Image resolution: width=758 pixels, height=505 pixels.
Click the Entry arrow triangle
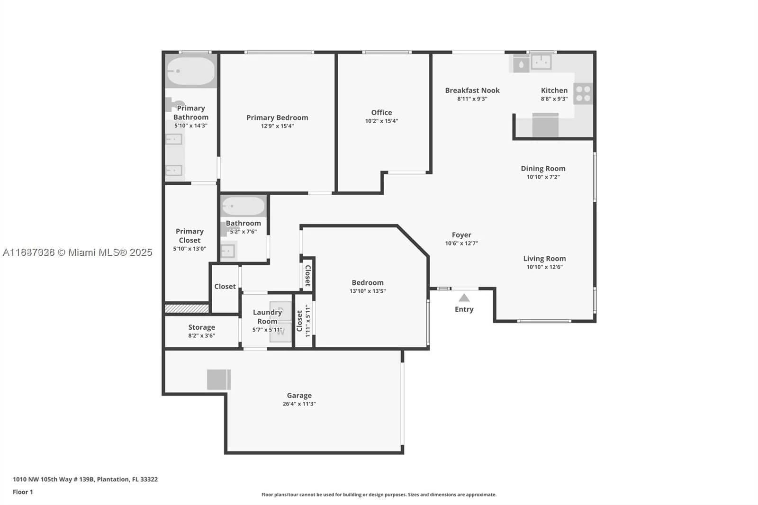click(464, 298)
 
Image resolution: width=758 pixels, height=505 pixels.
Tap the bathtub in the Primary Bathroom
click(191, 71)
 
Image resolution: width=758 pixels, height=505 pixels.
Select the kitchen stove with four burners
click(583, 93)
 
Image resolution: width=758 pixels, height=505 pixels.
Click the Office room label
click(381, 112)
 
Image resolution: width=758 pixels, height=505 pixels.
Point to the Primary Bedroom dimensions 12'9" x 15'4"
click(277, 126)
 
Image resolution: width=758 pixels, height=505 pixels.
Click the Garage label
click(299, 395)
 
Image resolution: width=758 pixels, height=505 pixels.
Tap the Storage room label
click(201, 327)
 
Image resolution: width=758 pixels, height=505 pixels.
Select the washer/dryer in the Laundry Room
click(280, 322)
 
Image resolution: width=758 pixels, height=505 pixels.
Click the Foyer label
click(461, 235)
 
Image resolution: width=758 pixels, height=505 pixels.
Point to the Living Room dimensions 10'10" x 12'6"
click(544, 267)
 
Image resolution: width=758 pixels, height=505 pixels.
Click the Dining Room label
click(543, 168)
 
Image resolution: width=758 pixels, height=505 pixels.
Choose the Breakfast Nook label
click(472, 90)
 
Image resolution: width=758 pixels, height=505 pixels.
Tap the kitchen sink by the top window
click(541, 62)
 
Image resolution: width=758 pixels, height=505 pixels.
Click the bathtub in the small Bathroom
click(244, 207)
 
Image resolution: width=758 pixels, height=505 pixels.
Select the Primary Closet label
click(189, 235)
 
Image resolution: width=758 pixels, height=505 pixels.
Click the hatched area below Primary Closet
click(187, 308)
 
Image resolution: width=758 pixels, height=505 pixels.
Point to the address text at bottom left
click(85, 479)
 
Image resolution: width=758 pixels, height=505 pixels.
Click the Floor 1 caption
click(23, 492)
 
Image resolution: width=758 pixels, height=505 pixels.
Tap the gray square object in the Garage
click(218, 379)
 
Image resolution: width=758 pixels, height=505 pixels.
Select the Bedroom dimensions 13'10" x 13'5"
click(368, 291)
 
